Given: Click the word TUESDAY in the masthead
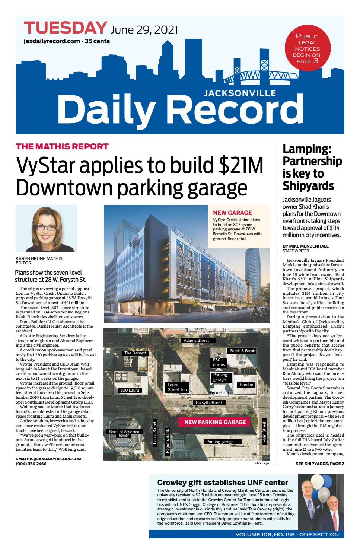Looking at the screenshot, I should pos(65,28).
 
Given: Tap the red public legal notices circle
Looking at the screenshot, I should pos(306,49).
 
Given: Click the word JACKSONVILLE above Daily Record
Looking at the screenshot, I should pos(240,93).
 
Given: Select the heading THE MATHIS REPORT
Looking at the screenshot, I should pos(62,146).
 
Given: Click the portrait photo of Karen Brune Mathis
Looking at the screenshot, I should pos(47,228).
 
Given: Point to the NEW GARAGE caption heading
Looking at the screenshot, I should pos(232,213).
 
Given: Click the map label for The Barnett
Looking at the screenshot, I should pos(136,353).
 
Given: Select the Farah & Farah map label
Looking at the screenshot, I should pos(242,351).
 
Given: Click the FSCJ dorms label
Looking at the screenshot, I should pos(219,362).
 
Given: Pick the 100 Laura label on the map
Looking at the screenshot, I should pos(130,390).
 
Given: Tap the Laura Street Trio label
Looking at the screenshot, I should pos(177,387).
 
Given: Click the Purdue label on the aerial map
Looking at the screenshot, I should pos(246,385).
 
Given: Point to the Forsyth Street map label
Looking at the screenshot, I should pos(209,402).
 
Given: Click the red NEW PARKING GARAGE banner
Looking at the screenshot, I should pos(215,422).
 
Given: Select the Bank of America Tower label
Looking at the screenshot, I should pos(124,434).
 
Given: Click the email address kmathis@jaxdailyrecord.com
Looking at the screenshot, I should pos(48,459).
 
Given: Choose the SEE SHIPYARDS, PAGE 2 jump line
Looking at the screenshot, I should pos(319,464).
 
